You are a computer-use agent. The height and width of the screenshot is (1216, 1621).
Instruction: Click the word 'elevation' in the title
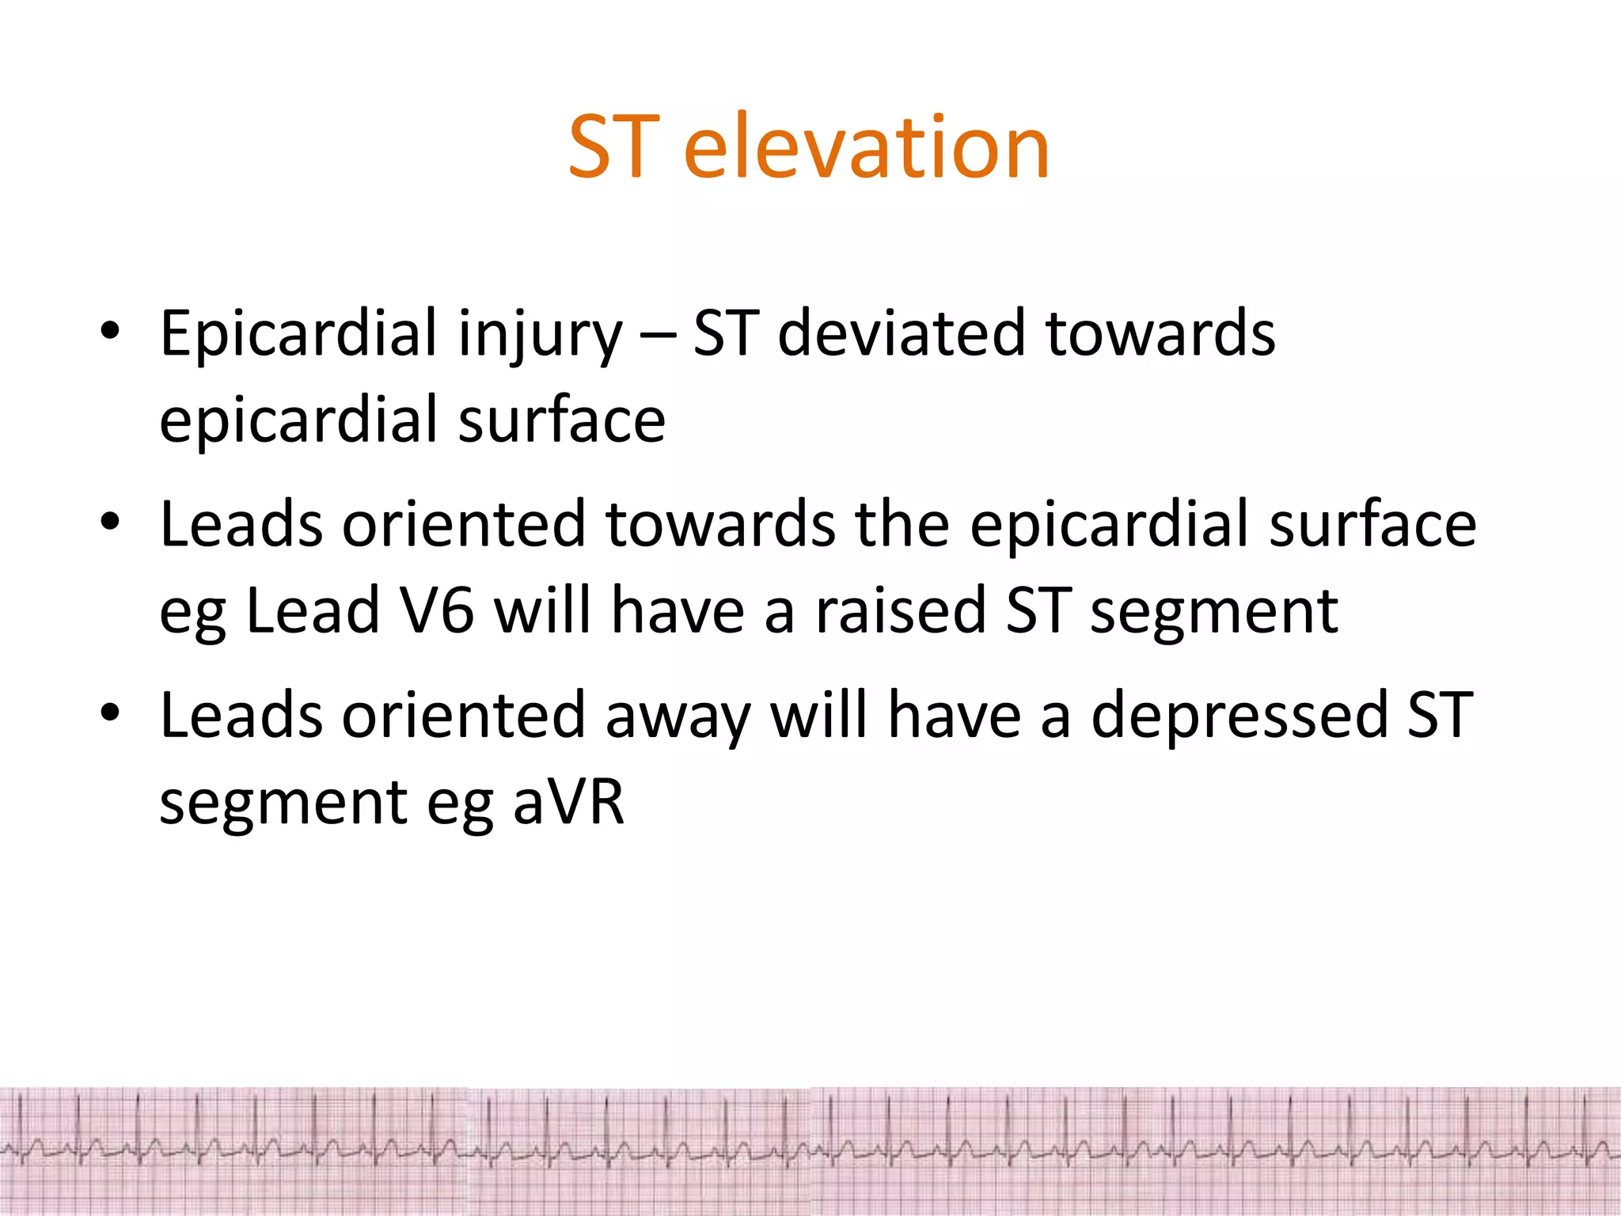[x=866, y=147]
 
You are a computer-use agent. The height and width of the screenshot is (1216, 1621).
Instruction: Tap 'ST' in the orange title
[x=613, y=147]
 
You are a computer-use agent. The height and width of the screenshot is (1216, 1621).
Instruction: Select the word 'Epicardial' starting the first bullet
[x=298, y=334]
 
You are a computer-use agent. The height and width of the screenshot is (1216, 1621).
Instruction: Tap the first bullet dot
[x=110, y=330]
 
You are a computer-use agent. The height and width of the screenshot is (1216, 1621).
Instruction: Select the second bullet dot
[x=110, y=522]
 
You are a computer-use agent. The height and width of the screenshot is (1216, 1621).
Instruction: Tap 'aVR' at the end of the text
[x=568, y=803]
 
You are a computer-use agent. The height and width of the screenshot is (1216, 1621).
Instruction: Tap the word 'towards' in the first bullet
[x=1160, y=334]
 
